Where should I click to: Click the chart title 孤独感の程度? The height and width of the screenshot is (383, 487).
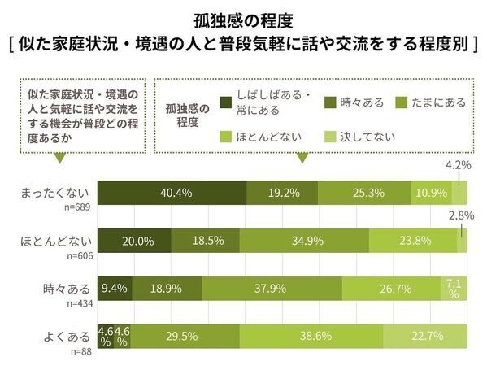[243, 17]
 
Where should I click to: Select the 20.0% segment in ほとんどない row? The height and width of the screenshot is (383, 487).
[134, 242]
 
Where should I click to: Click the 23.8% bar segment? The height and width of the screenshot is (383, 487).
[412, 242]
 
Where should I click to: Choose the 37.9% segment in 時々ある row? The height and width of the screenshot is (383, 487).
[272, 288]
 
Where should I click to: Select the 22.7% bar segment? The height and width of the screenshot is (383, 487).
[425, 335]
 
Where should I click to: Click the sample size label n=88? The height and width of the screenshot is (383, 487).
[80, 350]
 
